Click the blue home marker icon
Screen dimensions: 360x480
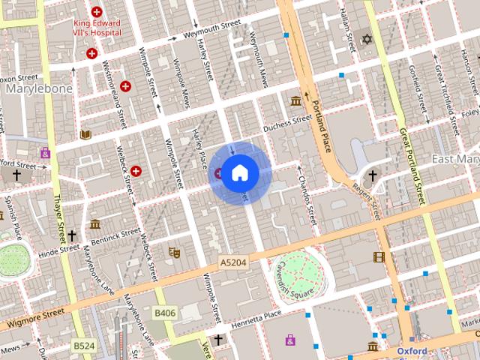[239, 173]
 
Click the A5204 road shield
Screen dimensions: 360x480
[232, 262]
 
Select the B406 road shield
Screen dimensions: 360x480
[165, 312]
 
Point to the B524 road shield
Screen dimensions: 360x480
[83, 345]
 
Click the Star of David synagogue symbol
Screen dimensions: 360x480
[366, 38]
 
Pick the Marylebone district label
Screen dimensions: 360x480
[38, 89]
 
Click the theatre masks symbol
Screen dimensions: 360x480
[173, 253]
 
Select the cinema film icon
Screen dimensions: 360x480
[379, 257]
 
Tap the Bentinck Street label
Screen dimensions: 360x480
[115, 238]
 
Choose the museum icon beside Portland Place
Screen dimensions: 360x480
[295, 101]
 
